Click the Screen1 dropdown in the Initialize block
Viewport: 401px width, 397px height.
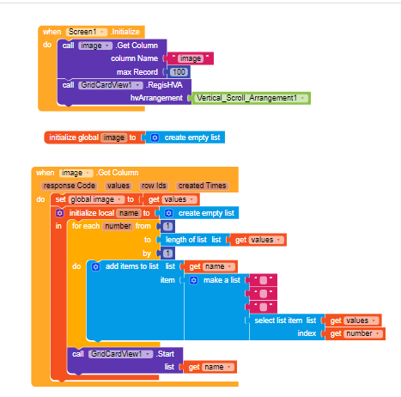[x=87, y=32]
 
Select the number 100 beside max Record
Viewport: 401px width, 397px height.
[x=179, y=72]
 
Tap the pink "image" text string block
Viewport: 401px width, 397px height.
[x=191, y=58]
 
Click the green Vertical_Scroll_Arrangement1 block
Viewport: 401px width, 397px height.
[x=252, y=98]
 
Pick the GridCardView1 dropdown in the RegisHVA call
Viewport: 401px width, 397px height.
[x=110, y=85]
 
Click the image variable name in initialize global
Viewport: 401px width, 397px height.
[x=114, y=137]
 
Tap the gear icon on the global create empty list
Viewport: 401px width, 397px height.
[x=155, y=137]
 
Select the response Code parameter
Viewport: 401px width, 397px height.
[x=70, y=186]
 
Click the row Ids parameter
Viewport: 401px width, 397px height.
[x=154, y=186]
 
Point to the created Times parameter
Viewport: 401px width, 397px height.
[x=203, y=186]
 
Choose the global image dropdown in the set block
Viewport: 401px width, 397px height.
[x=96, y=199]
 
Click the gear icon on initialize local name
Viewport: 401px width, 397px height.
[x=59, y=213]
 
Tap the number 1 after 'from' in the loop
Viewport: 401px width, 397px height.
[x=167, y=227]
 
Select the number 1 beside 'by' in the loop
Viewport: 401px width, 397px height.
[x=167, y=253]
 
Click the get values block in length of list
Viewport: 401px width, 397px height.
[x=258, y=240]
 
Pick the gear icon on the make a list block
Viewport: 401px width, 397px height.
[x=194, y=280]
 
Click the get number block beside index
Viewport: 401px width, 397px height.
[x=355, y=333]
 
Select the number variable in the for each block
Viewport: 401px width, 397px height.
[x=118, y=226]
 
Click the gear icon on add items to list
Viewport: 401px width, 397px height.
[x=95, y=266]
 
